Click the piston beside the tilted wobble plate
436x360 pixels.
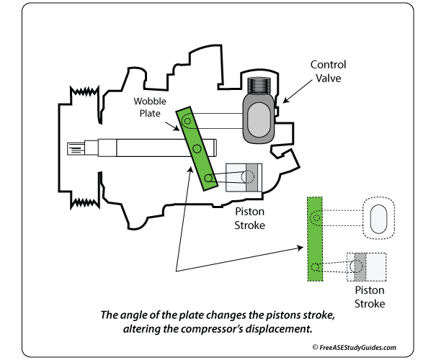click(x=241, y=175)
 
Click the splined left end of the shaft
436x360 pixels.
click(x=75, y=149)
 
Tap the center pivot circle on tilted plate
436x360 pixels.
click(x=197, y=148)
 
